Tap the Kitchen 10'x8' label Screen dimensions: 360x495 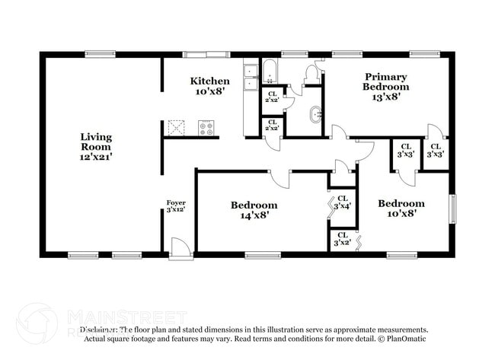(x=209, y=86)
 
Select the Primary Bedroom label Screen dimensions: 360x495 (x=385, y=86)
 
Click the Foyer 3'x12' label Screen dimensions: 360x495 (x=176, y=205)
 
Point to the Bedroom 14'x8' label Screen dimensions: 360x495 (x=254, y=210)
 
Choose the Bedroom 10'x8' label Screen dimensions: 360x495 (x=401, y=208)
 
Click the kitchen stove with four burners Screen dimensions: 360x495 (x=206, y=128)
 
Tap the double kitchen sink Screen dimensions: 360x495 (x=251, y=77)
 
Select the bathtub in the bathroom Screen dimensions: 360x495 (x=271, y=71)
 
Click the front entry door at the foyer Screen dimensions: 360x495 (x=180, y=248)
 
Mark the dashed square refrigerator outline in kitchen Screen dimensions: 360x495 (x=177, y=127)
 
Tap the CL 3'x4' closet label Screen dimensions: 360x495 (x=343, y=202)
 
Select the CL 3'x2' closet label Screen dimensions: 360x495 (x=343, y=239)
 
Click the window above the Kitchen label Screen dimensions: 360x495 (x=206, y=54)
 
